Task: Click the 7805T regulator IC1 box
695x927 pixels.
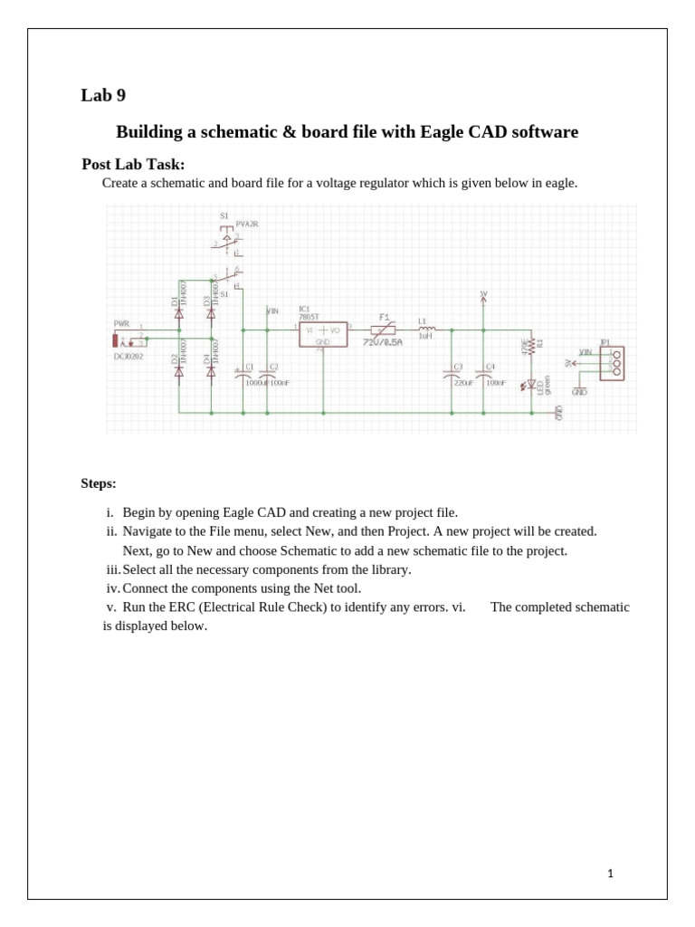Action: click(323, 333)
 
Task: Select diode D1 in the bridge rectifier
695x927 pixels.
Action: click(178, 312)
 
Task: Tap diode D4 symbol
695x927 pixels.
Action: click(211, 370)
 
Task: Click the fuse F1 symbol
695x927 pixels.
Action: click(385, 330)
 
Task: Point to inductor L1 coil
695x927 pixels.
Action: click(425, 330)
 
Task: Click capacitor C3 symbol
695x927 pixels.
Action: click(452, 374)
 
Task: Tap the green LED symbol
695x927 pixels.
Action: click(531, 385)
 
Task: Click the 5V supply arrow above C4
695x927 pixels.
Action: click(483, 298)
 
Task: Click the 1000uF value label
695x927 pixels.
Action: click(256, 383)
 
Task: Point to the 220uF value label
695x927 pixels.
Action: click(463, 383)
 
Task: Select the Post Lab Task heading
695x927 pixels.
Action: click(133, 164)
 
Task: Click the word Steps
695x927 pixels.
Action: click(99, 483)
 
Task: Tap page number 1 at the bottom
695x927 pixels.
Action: click(611, 874)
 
